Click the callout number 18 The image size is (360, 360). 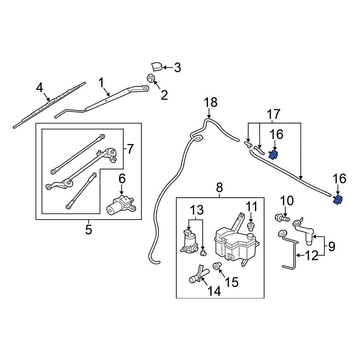[x=211, y=102]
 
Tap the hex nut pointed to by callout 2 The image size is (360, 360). [x=150, y=78]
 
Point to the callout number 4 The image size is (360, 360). [x=40, y=88]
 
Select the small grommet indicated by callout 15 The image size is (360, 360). [x=217, y=266]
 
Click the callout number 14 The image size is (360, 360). [x=214, y=291]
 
